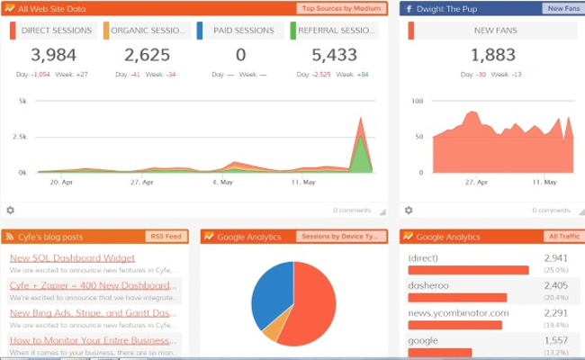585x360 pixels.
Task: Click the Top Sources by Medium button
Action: click(x=341, y=9)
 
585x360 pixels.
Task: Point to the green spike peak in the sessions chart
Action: click(x=362, y=136)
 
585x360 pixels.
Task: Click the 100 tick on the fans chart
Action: click(x=416, y=101)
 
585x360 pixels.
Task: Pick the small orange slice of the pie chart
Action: click(x=271, y=328)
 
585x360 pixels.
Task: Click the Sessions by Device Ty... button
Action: click(x=341, y=237)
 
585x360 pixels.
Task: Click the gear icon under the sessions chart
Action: click(x=10, y=210)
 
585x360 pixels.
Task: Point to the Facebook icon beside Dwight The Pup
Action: click(x=409, y=9)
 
